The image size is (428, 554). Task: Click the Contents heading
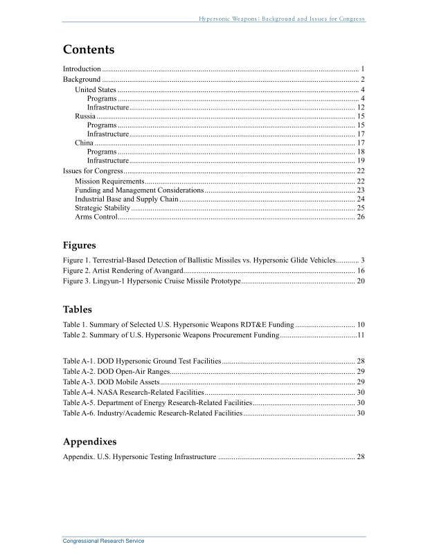[x=89, y=50]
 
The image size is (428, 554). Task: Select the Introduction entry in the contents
[x=82, y=69]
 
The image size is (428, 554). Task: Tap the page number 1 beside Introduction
[x=362, y=69]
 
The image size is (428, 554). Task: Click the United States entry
[x=96, y=90]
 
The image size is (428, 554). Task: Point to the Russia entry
[x=86, y=116]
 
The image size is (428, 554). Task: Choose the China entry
[x=84, y=143]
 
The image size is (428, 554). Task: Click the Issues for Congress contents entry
[x=93, y=170]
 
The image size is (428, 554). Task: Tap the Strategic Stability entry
[x=102, y=208]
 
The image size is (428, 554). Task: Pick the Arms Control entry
[x=96, y=217]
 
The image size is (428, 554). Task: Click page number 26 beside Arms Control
[x=360, y=217]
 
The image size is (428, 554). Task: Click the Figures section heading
[x=79, y=245]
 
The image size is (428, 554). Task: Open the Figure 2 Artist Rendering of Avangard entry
[x=123, y=270]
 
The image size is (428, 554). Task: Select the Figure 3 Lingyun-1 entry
[x=152, y=281]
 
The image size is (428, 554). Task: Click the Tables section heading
[x=77, y=309]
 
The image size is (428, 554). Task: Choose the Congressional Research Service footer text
[x=104, y=541]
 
